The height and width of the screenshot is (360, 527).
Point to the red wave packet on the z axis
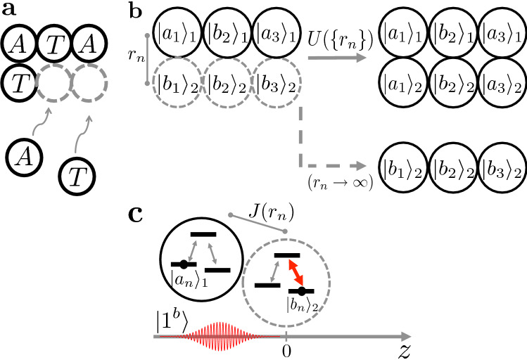pyautogui.click(x=219, y=337)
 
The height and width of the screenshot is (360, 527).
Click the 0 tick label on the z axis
pyautogui.click(x=286, y=349)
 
